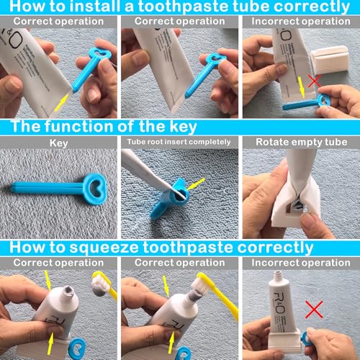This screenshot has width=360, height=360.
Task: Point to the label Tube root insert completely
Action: [179, 143]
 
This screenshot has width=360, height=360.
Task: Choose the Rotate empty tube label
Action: [299, 143]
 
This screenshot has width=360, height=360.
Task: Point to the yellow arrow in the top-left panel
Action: [63, 98]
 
